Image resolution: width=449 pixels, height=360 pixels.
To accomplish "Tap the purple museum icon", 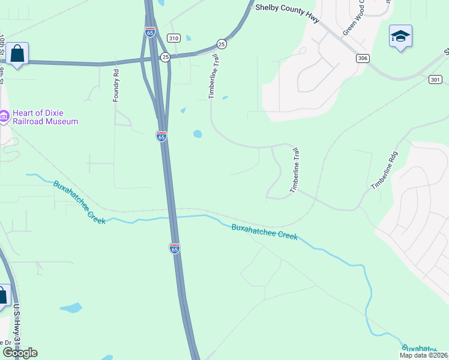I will [x=4, y=115].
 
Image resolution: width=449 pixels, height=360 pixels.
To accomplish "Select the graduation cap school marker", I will [x=400, y=37].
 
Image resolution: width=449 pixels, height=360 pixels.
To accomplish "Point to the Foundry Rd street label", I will [x=116, y=85].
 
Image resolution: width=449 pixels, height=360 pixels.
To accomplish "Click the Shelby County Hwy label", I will [x=285, y=8].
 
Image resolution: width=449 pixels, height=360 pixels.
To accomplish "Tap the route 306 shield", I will [x=362, y=58].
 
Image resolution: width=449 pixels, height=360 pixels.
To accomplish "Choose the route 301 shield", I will [x=435, y=79].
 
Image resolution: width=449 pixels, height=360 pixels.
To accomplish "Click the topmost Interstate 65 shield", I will [x=150, y=32].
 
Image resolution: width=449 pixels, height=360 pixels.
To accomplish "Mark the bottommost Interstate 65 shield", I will [x=174, y=247].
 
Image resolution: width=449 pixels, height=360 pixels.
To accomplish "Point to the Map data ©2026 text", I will [x=424, y=355].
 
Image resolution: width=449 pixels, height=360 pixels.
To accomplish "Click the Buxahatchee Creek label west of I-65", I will [x=79, y=202].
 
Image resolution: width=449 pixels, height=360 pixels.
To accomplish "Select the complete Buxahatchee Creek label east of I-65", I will [x=265, y=232].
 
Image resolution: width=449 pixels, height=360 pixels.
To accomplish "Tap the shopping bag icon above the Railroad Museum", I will [x=18, y=54].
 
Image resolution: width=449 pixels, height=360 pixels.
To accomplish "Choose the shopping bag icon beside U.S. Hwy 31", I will [x=3, y=295].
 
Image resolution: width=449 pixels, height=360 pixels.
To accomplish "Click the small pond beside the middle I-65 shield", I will [x=197, y=134].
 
